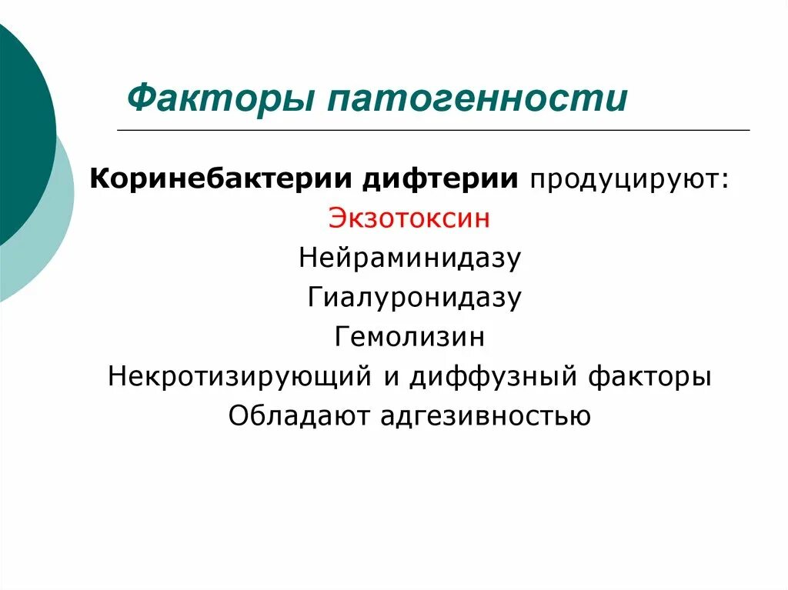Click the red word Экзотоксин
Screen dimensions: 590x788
pyautogui.click(x=409, y=218)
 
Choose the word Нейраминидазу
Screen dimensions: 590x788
pyautogui.click(x=410, y=258)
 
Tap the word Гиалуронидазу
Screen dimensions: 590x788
pyautogui.click(x=415, y=297)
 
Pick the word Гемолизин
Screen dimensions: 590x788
pyautogui.click(x=410, y=337)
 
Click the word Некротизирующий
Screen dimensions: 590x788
pyautogui.click(x=239, y=377)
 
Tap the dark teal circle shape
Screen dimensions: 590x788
pyautogui.click(x=19, y=131)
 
